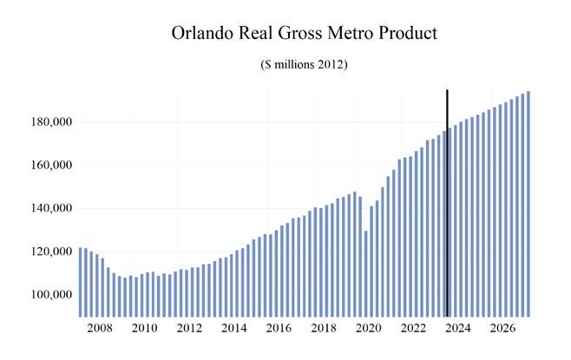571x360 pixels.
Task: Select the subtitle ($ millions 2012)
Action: [304, 66]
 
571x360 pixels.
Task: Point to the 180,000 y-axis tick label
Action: [48, 122]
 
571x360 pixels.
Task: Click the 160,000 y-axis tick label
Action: [48, 166]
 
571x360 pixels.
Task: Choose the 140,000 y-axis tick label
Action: [48, 209]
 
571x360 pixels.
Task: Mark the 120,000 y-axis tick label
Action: [48, 252]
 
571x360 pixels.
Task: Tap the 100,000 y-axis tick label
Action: [48, 296]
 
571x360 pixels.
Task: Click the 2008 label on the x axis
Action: [99, 330]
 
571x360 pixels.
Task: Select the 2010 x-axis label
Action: [144, 330]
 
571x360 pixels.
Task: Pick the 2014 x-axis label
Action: [233, 330]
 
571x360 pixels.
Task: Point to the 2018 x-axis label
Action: [323, 330]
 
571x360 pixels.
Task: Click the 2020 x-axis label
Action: [368, 330]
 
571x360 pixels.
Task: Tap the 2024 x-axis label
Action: [457, 330]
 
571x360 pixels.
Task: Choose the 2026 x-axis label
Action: [502, 330]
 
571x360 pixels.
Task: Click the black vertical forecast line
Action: [447, 200]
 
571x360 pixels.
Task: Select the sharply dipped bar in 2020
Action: [366, 273]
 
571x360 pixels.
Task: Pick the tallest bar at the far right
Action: [528, 204]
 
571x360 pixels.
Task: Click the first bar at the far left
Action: [81, 282]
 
